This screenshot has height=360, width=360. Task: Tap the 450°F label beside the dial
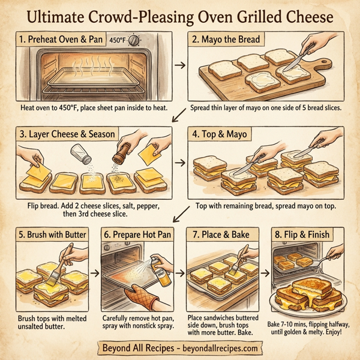coord(117,40)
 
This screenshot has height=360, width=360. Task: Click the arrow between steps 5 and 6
coord(94,271)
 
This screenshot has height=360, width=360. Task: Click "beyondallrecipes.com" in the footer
coord(212,348)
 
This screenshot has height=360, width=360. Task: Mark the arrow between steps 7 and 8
coord(263,271)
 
